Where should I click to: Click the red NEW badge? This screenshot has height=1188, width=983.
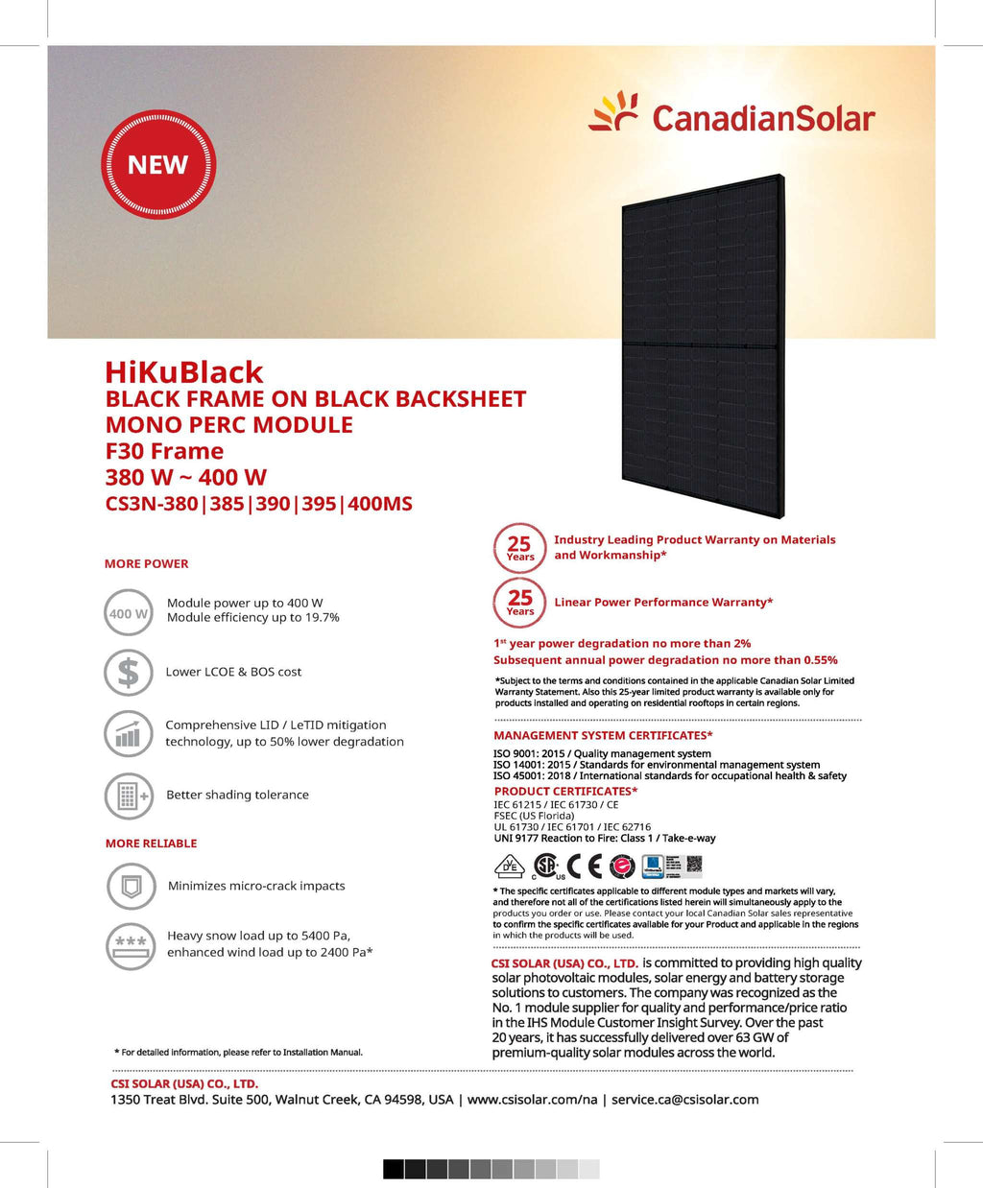[158, 164]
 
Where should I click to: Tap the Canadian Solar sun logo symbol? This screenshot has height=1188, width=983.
[614, 112]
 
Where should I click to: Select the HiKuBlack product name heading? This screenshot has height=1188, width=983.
[183, 371]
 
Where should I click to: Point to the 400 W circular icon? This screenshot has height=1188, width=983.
[129, 613]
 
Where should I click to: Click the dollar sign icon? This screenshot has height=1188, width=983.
[129, 672]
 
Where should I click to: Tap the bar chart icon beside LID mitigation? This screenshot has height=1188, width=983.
[129, 735]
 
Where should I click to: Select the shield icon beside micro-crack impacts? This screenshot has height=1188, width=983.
[130, 886]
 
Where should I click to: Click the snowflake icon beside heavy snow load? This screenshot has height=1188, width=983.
[130, 943]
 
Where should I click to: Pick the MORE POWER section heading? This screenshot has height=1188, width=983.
[146, 563]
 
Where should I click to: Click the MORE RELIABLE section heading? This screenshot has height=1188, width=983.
[151, 843]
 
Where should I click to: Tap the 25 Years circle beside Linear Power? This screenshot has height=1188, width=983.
[519, 603]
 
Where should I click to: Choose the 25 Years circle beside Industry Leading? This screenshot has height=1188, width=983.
[519, 548]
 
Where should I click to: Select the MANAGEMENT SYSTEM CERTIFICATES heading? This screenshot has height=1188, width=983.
[603, 735]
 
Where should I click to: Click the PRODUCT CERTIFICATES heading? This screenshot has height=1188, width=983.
[565, 791]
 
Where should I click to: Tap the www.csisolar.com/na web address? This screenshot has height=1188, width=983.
[532, 1099]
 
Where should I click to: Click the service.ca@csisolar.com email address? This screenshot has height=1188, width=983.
[684, 1099]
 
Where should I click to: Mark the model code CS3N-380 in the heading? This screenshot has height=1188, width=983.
[152, 503]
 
